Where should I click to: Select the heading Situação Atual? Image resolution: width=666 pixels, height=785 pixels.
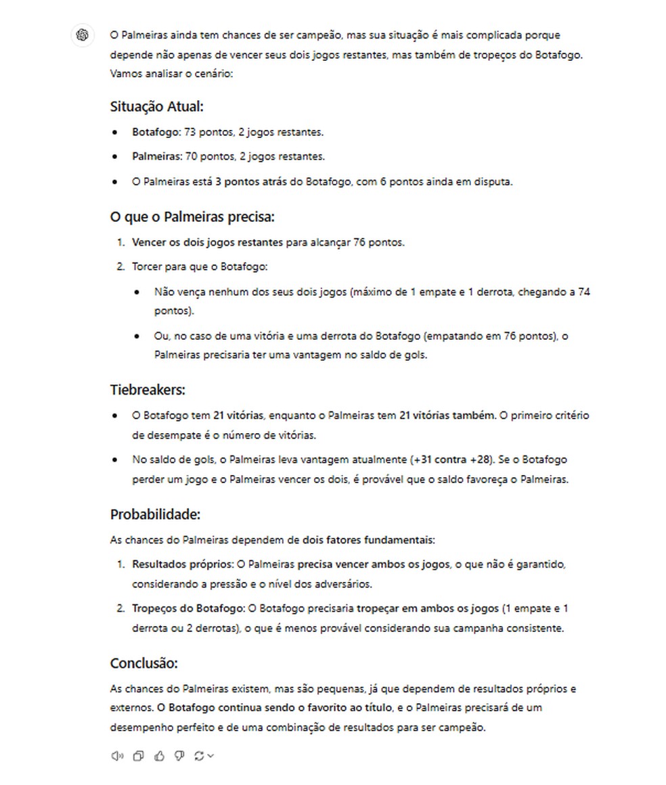pyautogui.click(x=156, y=106)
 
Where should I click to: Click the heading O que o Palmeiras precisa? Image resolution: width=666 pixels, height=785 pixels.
pyautogui.click(x=192, y=217)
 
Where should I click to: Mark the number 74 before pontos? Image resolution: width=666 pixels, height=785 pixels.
pyautogui.click(x=585, y=292)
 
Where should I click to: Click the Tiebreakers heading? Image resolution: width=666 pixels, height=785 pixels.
pyautogui.click(x=148, y=390)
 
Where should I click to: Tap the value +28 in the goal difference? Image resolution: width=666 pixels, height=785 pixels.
pyautogui.click(x=481, y=459)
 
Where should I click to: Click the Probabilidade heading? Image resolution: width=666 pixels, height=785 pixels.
pyautogui.click(x=155, y=514)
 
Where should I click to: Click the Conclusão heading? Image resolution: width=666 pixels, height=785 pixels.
pyautogui.click(x=143, y=663)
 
